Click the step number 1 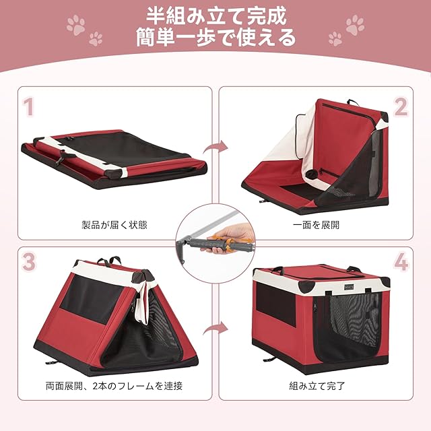[x=29, y=107]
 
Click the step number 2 [x=401, y=107]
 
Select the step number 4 [x=401, y=262]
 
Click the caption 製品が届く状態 [x=114, y=224]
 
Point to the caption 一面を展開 [x=316, y=224]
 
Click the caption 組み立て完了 [x=317, y=386]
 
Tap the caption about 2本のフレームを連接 [x=114, y=386]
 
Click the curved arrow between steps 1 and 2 [x=215, y=147]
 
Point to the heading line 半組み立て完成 [x=216, y=15]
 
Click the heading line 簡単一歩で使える [x=216, y=37]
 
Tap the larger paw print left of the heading [x=76, y=25]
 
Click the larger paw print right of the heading [x=355, y=25]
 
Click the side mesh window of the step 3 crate [x=91, y=299]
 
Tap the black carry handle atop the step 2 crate [x=353, y=102]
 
